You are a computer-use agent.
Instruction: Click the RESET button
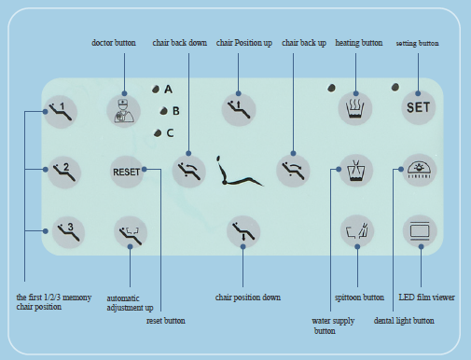click(x=127, y=172)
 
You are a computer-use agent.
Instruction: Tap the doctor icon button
click(x=124, y=111)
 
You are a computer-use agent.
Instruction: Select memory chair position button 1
click(x=61, y=112)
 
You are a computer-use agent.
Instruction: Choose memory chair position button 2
click(x=64, y=172)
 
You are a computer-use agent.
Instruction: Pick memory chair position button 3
click(x=68, y=232)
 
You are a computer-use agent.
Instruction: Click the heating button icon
click(x=355, y=108)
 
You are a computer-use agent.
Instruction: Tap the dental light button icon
click(x=420, y=170)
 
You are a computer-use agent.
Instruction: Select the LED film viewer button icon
click(x=420, y=231)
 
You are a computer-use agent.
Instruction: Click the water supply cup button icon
click(x=356, y=171)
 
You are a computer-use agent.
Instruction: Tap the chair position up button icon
click(x=239, y=109)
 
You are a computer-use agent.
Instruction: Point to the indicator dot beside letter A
click(x=156, y=90)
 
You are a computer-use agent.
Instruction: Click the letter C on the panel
click(x=170, y=133)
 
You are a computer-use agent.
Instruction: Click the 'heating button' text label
click(x=359, y=43)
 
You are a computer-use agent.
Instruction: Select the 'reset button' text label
click(x=166, y=321)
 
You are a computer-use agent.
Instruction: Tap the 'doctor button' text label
click(x=114, y=43)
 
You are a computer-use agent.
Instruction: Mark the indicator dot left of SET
click(x=395, y=87)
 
